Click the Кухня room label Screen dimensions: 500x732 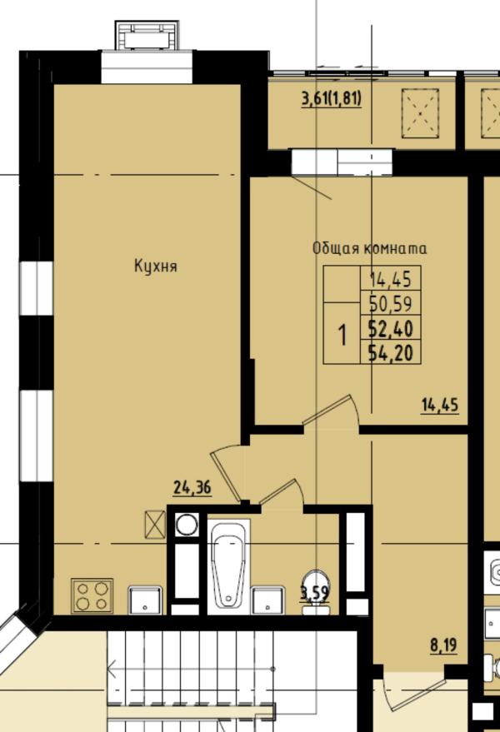(156, 266)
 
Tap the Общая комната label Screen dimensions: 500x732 (369, 248)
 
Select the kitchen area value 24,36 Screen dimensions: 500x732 (192, 487)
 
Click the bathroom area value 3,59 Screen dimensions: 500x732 (315, 594)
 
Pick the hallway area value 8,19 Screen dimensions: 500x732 (443, 646)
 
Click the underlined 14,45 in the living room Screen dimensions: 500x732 (440, 405)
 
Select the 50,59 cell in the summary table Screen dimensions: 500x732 (391, 303)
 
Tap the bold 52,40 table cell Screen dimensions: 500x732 (391, 328)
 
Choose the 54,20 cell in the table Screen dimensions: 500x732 (391, 352)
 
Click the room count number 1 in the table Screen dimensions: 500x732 (343, 336)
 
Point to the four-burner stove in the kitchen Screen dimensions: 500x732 (92, 595)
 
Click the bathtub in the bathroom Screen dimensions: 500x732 (228, 565)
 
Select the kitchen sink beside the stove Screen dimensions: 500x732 (146, 600)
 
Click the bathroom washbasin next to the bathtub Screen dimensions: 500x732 (267, 600)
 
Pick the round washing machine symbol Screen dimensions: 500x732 (187, 525)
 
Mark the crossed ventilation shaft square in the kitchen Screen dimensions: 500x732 (156, 525)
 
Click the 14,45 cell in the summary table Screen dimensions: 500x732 (391, 279)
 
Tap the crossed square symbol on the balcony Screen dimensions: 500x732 (420, 113)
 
